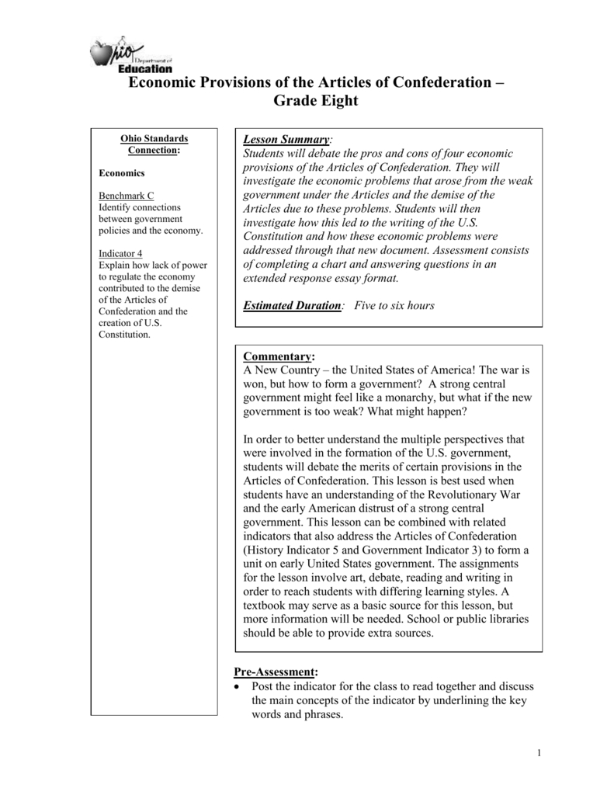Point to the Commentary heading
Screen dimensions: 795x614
[x=279, y=356]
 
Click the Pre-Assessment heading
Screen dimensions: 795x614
[x=276, y=672]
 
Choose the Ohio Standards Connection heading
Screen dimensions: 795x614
[x=154, y=144]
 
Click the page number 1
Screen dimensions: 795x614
[x=537, y=752]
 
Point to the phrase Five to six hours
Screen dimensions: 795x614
[x=394, y=305]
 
